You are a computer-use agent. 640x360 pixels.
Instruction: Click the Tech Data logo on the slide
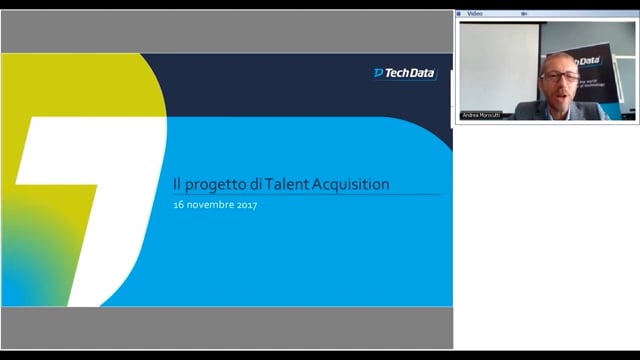pyautogui.click(x=405, y=73)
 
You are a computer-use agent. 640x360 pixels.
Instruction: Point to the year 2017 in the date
pyautogui.click(x=244, y=205)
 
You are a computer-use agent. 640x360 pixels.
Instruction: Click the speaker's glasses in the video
pyautogui.click(x=560, y=75)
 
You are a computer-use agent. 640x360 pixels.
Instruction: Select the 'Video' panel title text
pyautogui.click(x=475, y=14)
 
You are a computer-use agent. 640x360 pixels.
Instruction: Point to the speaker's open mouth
pyautogui.click(x=561, y=92)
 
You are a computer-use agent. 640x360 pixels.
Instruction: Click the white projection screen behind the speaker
pyautogui.click(x=498, y=65)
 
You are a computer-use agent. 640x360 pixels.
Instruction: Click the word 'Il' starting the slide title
pyautogui.click(x=177, y=184)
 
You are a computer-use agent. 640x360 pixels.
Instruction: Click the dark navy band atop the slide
pyautogui.click(x=300, y=80)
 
